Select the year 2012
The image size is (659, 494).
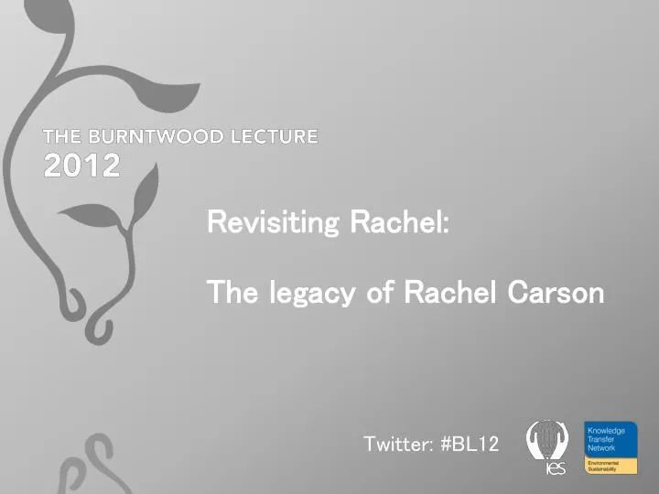81,166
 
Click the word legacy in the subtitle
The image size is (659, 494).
310,294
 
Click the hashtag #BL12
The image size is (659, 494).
470,445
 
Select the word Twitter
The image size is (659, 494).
397,445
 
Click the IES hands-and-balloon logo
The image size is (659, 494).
547,440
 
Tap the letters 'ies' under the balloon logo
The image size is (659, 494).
556,469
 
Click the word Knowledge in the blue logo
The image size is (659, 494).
606,430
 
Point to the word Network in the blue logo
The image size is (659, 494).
602,448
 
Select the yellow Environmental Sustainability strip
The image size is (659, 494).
610,466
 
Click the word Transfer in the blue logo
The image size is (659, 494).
602,439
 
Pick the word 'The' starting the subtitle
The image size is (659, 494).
231,293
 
